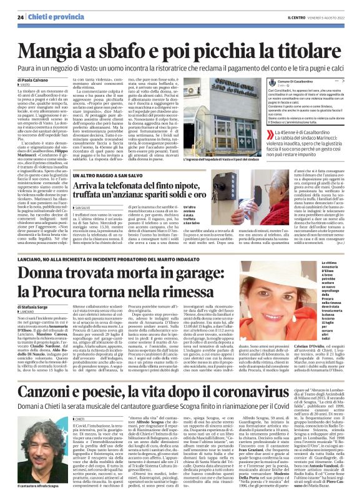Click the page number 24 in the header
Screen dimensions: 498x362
point(21,16)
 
